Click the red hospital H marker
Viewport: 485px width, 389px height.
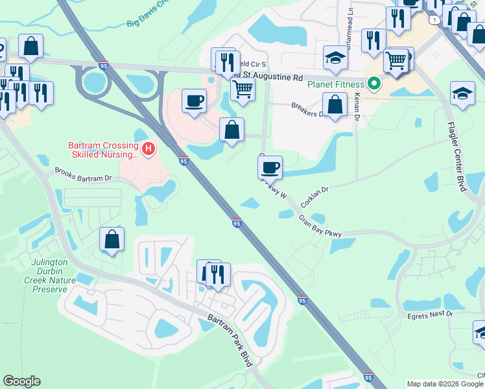148,150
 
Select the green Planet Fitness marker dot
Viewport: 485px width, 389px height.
373,84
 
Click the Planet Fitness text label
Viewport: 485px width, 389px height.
337,84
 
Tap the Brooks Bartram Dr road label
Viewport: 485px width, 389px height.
83,174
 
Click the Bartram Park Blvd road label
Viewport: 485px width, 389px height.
230,340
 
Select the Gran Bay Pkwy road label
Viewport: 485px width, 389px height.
320,226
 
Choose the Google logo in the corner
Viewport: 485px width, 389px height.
21,381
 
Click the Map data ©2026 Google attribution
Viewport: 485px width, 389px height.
445,384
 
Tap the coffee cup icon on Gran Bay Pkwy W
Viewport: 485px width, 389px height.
270,167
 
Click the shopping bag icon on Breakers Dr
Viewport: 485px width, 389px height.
335,104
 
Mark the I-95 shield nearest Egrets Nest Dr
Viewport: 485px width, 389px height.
302,300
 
